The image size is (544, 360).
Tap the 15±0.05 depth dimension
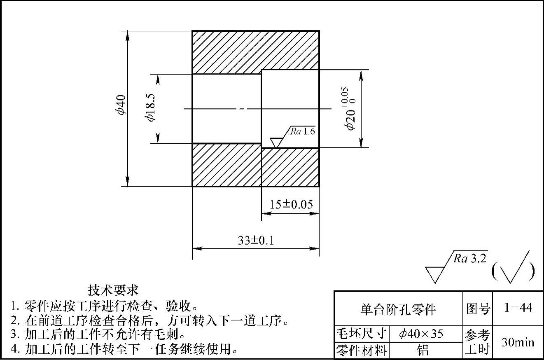pos(291,204)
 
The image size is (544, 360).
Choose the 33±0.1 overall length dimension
pos(256,240)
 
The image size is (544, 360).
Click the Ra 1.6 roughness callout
pos(302,132)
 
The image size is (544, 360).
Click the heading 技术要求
pos(113,290)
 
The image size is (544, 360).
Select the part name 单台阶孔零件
pos(398,309)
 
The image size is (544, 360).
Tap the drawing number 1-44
pos(518,308)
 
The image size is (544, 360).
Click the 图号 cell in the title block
pos(478,309)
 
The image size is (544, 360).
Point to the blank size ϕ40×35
pos(420,334)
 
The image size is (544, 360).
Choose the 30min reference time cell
pos(518,342)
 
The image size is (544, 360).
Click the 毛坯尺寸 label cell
pos(362,334)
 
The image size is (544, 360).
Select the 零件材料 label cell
pos(362,351)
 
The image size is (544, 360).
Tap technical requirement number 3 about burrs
pos(97,334)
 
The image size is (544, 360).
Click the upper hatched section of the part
pos(255,51)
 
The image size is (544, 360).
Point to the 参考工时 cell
pos(478,342)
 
